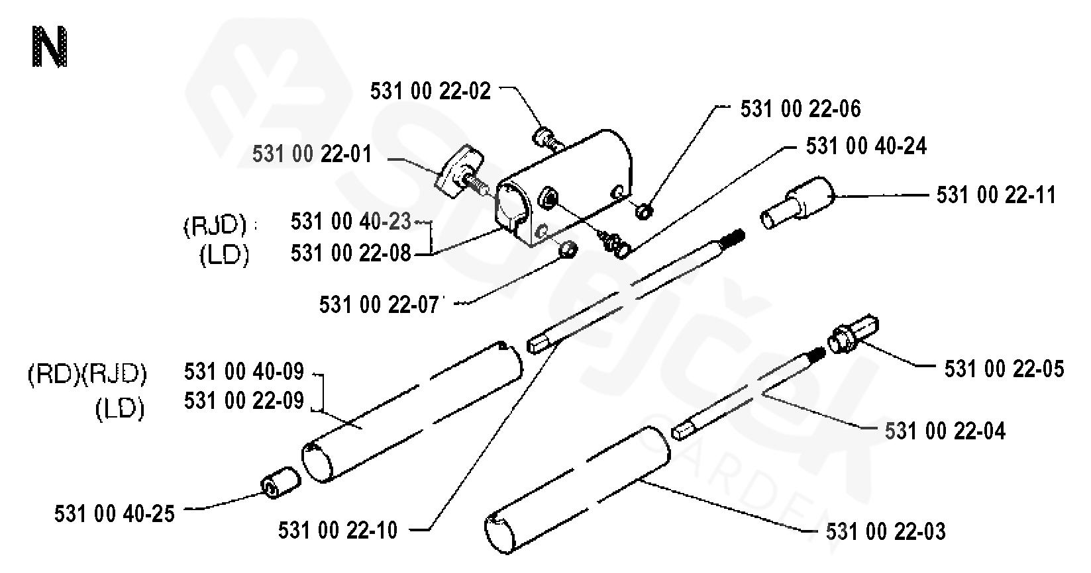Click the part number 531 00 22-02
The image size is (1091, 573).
pyautogui.click(x=431, y=91)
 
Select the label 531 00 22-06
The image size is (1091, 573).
pyautogui.click(x=800, y=109)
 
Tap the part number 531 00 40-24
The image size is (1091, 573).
pyautogui.click(x=866, y=146)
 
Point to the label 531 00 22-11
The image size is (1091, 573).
pyautogui.click(x=996, y=195)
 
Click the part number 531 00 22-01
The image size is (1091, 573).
pyautogui.click(x=312, y=155)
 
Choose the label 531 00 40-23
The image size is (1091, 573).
pyautogui.click(x=351, y=222)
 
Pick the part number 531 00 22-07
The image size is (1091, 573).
pyautogui.click(x=380, y=305)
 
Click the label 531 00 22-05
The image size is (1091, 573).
pyautogui.click(x=1004, y=369)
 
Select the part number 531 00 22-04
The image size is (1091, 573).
pyautogui.click(x=945, y=431)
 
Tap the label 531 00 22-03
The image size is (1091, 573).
pyautogui.click(x=886, y=531)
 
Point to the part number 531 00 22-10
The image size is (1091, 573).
pyautogui.click(x=338, y=530)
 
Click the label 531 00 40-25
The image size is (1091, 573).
pyautogui.click(x=115, y=514)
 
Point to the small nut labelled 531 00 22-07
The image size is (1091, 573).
pyautogui.click(x=568, y=250)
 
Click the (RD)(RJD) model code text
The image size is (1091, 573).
pyautogui.click(x=87, y=375)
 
